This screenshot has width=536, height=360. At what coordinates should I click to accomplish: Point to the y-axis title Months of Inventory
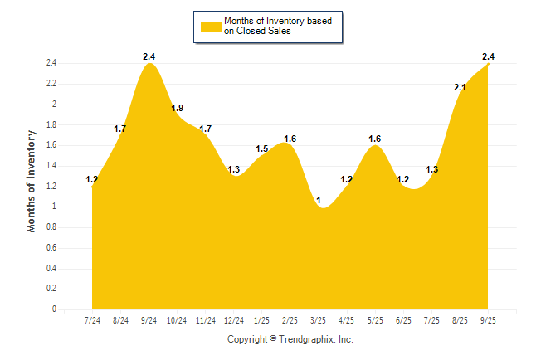32,180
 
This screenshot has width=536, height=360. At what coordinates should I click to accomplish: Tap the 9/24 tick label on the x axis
149,319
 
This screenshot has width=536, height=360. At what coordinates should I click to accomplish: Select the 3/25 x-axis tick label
319,319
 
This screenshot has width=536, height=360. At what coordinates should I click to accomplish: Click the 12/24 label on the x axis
234,319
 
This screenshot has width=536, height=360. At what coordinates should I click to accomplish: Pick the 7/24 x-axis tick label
93,319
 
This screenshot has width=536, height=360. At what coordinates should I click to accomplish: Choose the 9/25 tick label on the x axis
488,319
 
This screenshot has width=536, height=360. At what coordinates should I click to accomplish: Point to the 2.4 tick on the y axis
51,63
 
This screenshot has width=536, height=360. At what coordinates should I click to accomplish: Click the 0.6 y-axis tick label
51,248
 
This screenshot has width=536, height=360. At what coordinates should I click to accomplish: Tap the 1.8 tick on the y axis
51,124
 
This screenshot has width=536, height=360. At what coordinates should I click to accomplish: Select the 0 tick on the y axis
54,309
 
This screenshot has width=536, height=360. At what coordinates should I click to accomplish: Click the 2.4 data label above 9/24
149,56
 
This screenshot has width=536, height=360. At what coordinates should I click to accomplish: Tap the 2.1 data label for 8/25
460,87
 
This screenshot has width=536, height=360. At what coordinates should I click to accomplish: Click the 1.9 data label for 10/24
178,108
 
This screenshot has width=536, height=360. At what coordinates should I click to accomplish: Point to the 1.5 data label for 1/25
262,148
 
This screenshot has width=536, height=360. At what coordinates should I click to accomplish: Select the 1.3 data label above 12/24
234,169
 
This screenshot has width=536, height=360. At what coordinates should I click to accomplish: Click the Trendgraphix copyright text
290,339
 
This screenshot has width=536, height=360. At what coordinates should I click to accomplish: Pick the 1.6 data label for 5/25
375,139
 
